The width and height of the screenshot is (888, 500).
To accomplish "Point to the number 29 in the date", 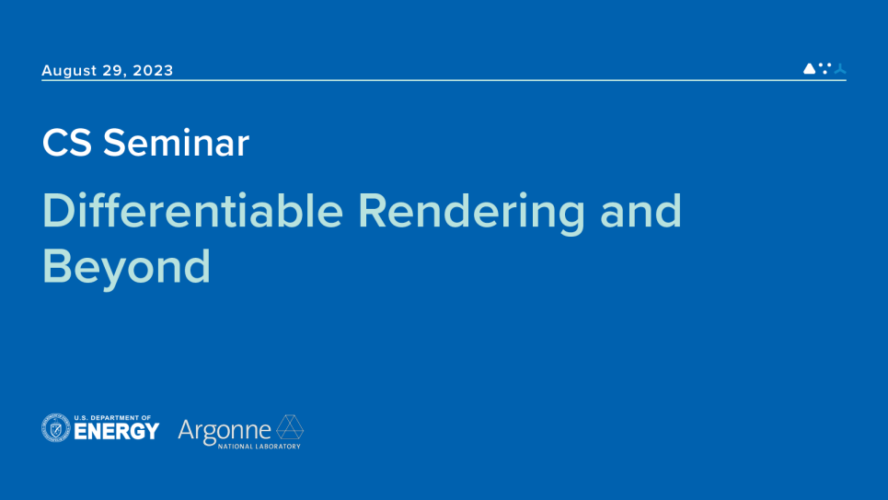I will coord(114,71).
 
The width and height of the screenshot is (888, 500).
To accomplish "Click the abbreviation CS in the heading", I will coord(67,143).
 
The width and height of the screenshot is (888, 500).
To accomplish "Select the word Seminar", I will coord(176,143).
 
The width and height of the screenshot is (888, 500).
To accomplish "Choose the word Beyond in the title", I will coord(126,266).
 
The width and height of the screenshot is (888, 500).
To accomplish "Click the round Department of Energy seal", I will coord(56,428).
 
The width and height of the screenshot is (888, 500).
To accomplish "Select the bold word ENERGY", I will coord(117,432).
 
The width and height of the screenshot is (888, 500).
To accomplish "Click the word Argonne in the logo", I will coord(225,429).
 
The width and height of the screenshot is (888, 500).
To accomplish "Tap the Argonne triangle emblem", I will coord(291,427).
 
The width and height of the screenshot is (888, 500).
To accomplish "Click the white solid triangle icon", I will coord(809,68).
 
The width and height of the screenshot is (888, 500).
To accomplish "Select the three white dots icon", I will coord(825,67).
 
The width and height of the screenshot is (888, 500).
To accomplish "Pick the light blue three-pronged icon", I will coord(839,68).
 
